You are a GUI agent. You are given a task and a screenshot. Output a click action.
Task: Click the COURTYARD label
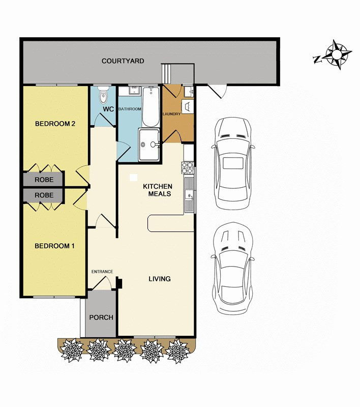pos(123,61)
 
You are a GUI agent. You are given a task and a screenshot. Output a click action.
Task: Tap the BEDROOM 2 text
pos(55,124)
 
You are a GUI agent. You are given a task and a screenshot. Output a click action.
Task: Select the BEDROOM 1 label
pos(54,246)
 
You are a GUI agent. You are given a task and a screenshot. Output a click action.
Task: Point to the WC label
pos(108,109)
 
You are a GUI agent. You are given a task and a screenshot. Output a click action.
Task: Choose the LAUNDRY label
pos(171,114)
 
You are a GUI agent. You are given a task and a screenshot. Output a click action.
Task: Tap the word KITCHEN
pos(158,187)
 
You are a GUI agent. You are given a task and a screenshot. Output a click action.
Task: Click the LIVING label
pos(159,279)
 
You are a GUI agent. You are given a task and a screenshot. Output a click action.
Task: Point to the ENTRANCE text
pos(102,272)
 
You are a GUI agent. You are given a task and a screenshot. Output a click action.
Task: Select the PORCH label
pos(101,317)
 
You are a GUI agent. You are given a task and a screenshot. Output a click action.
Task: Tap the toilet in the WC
pos(104,95)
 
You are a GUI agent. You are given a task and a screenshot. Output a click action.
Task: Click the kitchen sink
pos(189,194)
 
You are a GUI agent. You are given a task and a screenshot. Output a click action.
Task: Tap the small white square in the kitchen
pos(133,178)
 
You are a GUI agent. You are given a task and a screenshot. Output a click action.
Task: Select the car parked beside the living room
pos(232,269)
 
